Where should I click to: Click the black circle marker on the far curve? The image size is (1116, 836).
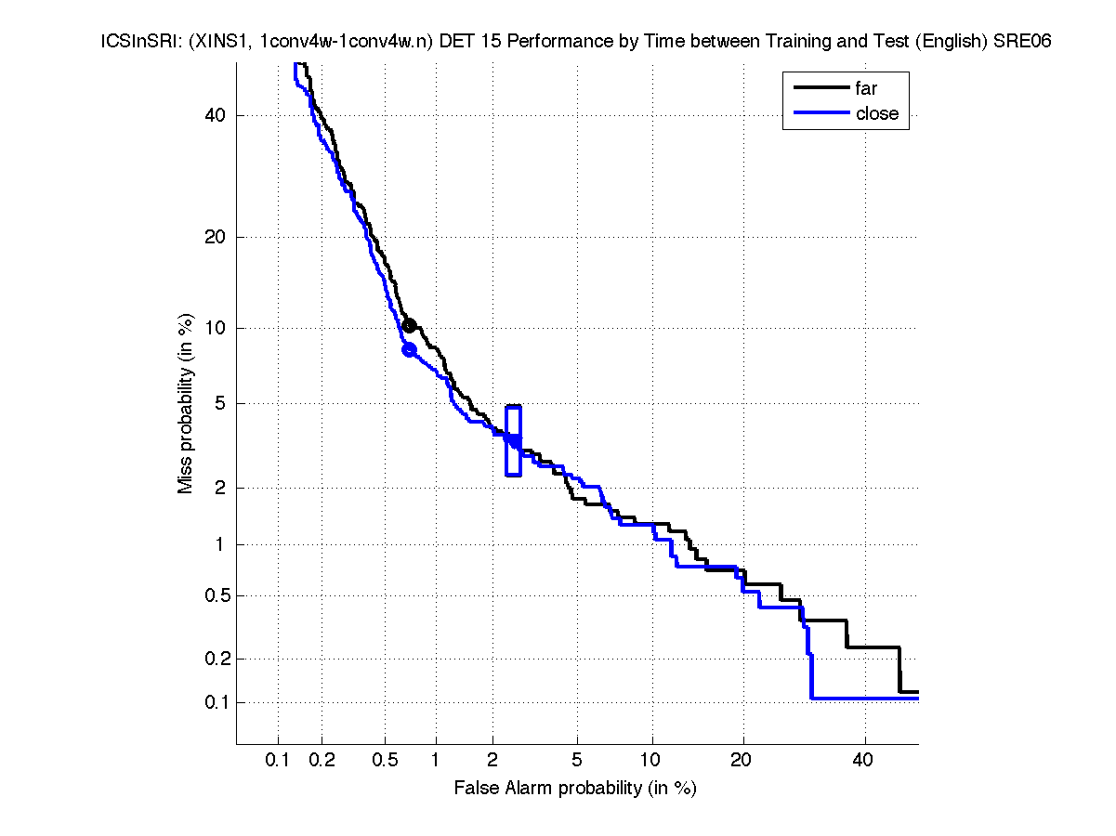tap(409, 325)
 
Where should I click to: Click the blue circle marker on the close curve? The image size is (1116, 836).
tap(409, 349)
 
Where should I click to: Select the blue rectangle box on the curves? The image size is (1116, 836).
tap(513, 441)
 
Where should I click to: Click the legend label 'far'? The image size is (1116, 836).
tap(866, 89)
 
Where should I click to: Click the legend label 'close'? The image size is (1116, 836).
tap(876, 113)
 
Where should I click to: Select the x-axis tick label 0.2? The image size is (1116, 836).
tap(322, 761)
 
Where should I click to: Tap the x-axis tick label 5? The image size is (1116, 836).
tap(577, 761)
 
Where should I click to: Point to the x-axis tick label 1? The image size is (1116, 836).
tap(436, 761)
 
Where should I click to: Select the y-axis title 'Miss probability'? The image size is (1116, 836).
tap(187, 403)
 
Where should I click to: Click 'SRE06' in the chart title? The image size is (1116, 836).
tap(1020, 42)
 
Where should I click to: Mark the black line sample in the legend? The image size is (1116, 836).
tap(821, 89)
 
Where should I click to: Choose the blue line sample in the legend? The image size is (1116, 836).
tap(821, 113)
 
